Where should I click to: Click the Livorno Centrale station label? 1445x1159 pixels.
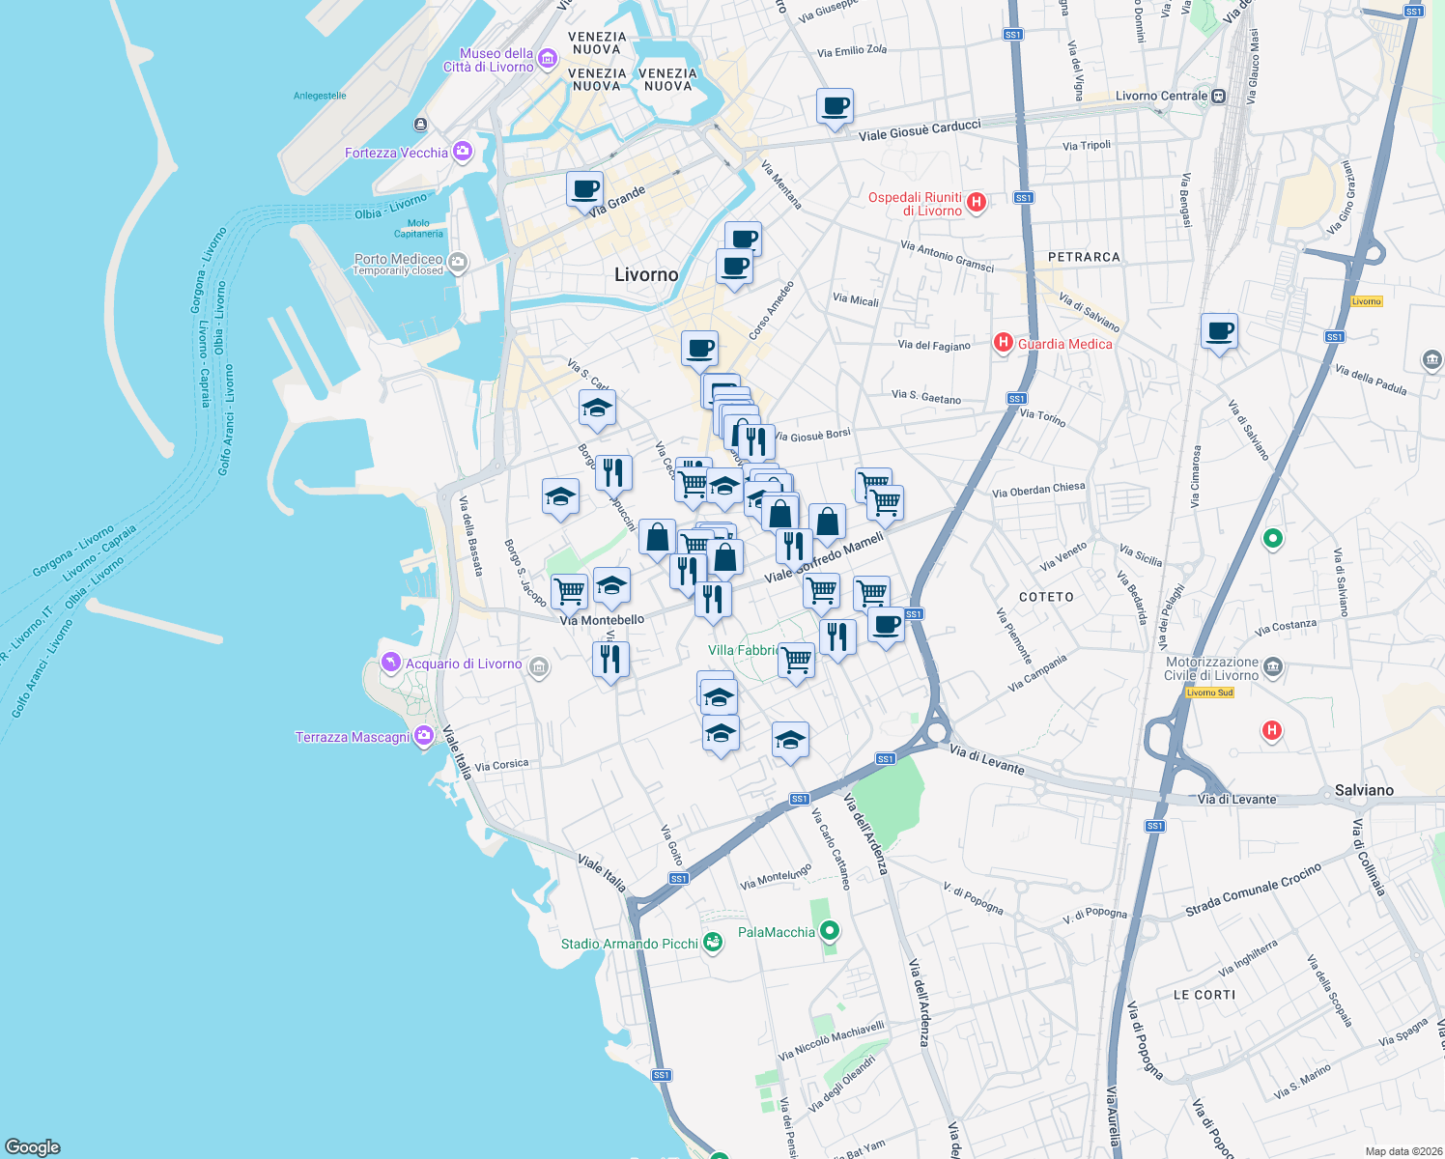1161,96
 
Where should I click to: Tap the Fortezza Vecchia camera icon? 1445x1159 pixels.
463,152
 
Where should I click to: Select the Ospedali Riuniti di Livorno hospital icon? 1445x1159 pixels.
977,202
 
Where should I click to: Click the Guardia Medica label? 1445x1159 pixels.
1064,344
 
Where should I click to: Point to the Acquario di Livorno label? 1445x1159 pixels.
463,664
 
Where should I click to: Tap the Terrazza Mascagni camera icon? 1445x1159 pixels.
423,737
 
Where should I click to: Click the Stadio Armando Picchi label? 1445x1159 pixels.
629,944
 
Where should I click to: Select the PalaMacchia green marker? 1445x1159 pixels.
829,931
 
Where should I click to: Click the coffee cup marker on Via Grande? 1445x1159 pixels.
584,188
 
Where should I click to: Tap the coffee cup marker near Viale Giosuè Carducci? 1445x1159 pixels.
835,105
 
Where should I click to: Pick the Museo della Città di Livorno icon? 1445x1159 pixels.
547,60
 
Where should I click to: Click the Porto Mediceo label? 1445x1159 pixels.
398,259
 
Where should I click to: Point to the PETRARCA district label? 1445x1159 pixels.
1084,257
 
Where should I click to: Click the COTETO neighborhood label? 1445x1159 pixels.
1046,597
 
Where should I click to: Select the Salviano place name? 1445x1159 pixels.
1364,790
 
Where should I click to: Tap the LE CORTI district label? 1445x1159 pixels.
1204,994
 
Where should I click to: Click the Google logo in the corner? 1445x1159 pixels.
33,1146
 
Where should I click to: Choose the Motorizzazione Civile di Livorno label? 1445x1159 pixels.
1211,668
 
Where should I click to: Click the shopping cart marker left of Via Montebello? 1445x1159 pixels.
569,591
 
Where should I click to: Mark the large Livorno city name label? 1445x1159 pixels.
646,274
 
